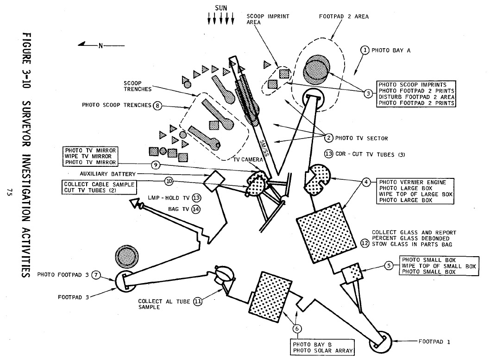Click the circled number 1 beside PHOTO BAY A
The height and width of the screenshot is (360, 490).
pos(365,50)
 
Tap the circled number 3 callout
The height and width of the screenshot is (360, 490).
pos(368,94)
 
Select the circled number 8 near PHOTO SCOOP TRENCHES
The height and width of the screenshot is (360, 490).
pos(157,106)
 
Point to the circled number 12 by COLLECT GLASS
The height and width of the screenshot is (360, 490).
pos(365,241)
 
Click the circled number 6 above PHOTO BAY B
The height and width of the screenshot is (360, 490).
pos(296,328)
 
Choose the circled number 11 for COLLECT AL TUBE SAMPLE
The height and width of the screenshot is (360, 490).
pos(198,302)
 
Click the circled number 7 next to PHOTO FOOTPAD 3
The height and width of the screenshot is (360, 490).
pos(96,274)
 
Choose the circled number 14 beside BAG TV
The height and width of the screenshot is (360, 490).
pos(196,209)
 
